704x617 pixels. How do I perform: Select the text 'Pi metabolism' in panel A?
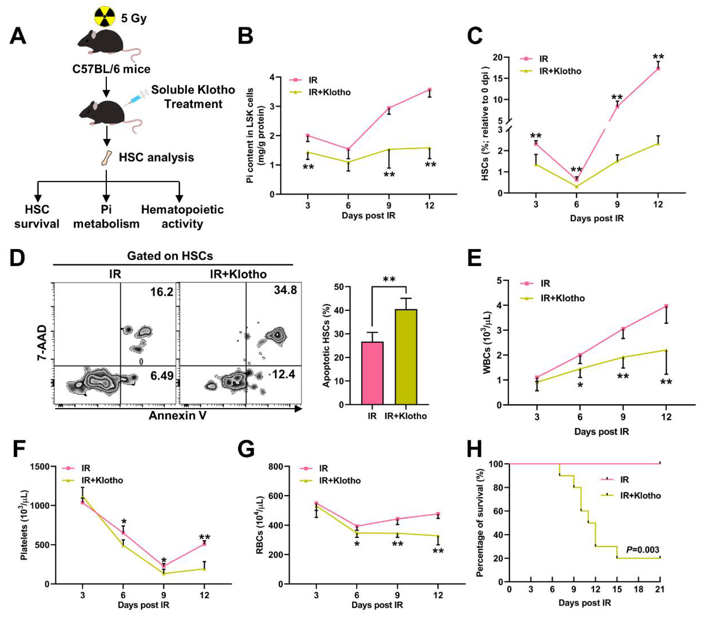(106, 217)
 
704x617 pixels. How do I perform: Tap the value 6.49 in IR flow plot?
(161, 376)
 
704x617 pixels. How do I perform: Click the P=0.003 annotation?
(642, 549)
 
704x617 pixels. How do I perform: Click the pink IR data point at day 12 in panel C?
(658, 68)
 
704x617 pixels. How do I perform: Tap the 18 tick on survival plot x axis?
(638, 589)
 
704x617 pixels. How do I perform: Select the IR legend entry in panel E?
(545, 283)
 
